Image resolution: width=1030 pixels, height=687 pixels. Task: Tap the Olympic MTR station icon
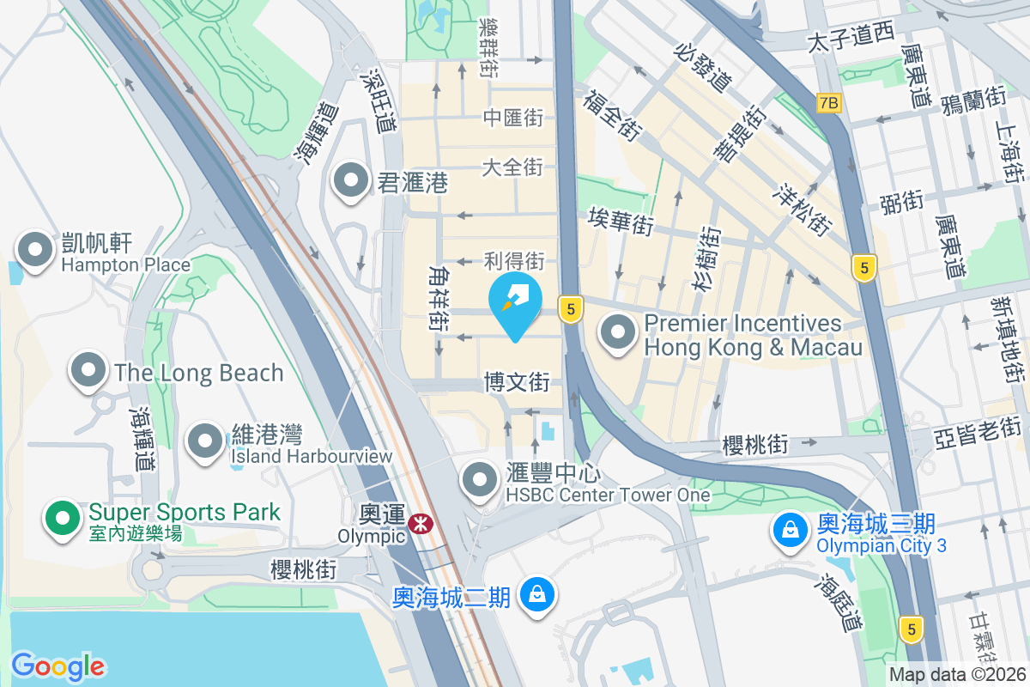coord(421,524)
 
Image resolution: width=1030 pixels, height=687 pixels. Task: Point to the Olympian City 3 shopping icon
coord(788,530)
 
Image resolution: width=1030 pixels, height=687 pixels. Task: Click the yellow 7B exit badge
coord(828,103)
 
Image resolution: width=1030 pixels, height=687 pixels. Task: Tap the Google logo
coord(58,666)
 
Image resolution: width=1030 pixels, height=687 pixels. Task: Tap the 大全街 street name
coord(512,167)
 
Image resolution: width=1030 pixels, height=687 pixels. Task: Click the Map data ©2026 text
coord(957,675)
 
